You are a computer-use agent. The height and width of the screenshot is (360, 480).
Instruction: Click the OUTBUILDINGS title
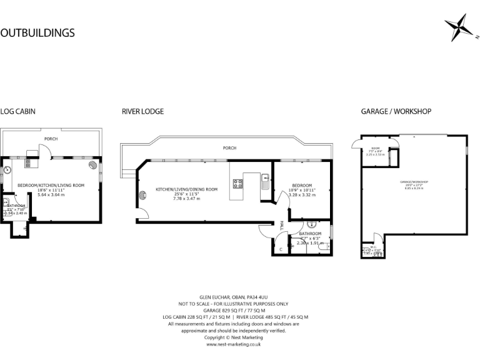[37, 32]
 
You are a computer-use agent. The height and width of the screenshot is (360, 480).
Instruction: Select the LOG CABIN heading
[17, 111]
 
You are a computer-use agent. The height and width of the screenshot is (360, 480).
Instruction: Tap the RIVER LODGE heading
[142, 111]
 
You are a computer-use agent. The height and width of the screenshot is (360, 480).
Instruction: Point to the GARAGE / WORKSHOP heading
[396, 111]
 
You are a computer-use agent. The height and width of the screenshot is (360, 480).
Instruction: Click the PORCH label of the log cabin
[51, 138]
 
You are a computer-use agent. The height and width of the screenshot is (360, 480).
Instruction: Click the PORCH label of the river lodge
[230, 148]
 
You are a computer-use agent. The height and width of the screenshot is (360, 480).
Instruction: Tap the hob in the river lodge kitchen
[238, 184]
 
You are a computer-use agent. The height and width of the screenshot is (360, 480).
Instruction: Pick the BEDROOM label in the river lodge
[303, 185]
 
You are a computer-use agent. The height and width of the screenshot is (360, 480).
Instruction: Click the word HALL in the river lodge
[282, 224]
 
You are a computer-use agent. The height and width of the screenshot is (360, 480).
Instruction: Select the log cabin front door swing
[45, 151]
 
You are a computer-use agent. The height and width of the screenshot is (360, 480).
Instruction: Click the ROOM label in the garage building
[375, 148]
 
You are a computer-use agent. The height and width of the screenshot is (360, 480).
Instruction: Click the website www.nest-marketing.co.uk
[233, 344]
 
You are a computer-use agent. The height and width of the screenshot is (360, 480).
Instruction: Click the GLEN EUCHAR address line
[233, 297]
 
